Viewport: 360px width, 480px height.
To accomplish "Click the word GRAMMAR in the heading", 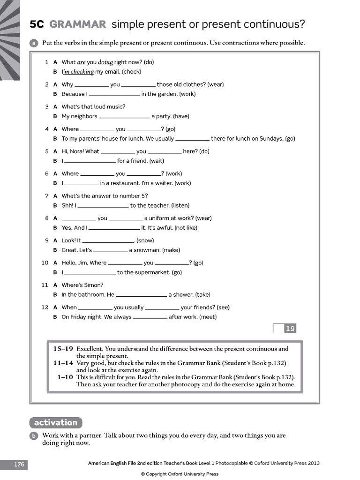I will tap(78, 24).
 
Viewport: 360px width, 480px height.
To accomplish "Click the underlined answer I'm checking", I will tap(78, 72).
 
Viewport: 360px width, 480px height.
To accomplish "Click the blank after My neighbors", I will tap(124, 116).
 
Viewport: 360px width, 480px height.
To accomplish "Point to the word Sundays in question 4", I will tap(272, 139).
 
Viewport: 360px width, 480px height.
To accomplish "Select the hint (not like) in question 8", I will tap(186, 228).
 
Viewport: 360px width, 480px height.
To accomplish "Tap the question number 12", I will tap(45, 307).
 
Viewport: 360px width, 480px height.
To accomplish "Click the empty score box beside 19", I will tap(278, 329).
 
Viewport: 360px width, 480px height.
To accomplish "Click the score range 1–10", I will tap(65, 377).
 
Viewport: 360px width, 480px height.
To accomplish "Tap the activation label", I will tap(55, 422).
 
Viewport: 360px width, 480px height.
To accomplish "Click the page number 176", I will tap(19, 465).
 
